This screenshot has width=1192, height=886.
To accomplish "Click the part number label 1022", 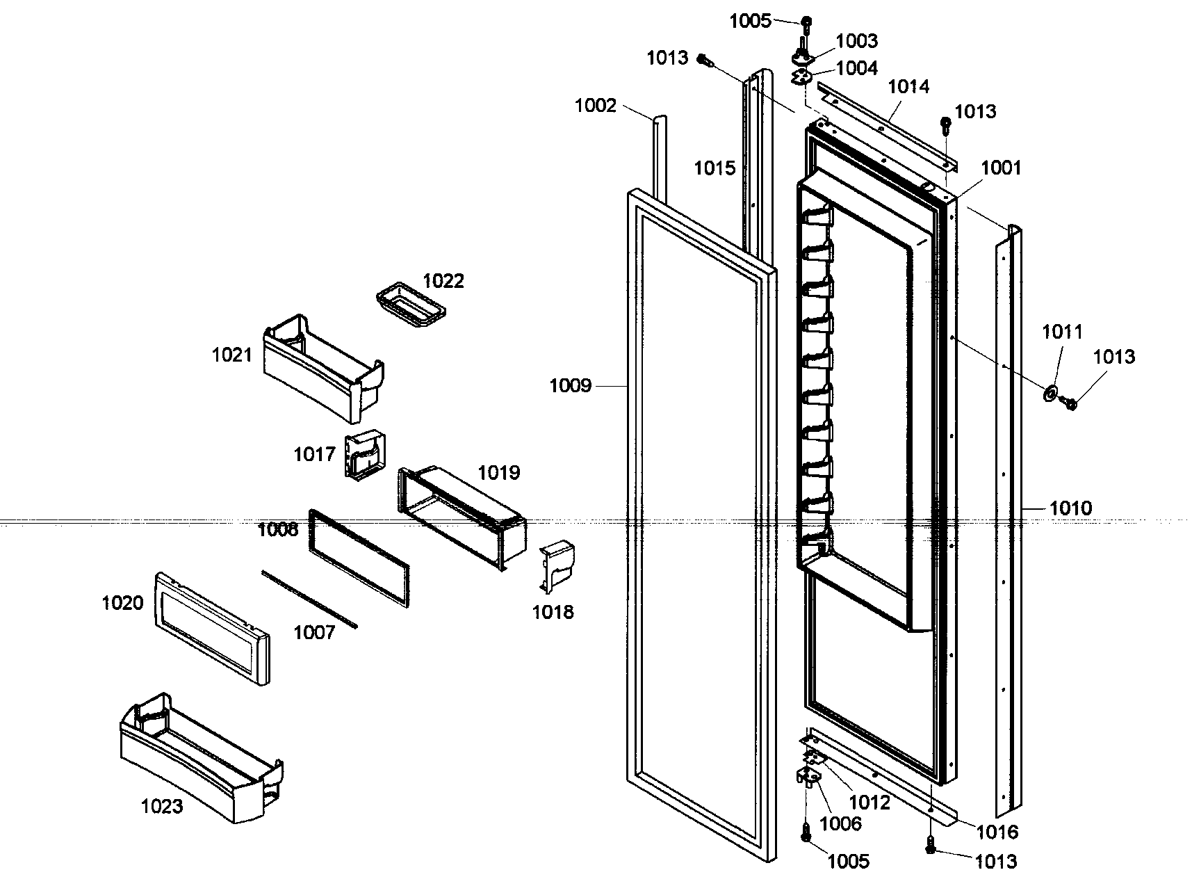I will click(x=443, y=281).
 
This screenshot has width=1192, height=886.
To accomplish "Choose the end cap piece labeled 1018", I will click(x=558, y=565).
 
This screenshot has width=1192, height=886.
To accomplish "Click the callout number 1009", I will click(x=570, y=385).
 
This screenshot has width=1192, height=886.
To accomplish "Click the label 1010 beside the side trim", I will click(x=1070, y=508).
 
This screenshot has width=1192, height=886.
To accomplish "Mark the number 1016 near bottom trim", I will click(x=997, y=831).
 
